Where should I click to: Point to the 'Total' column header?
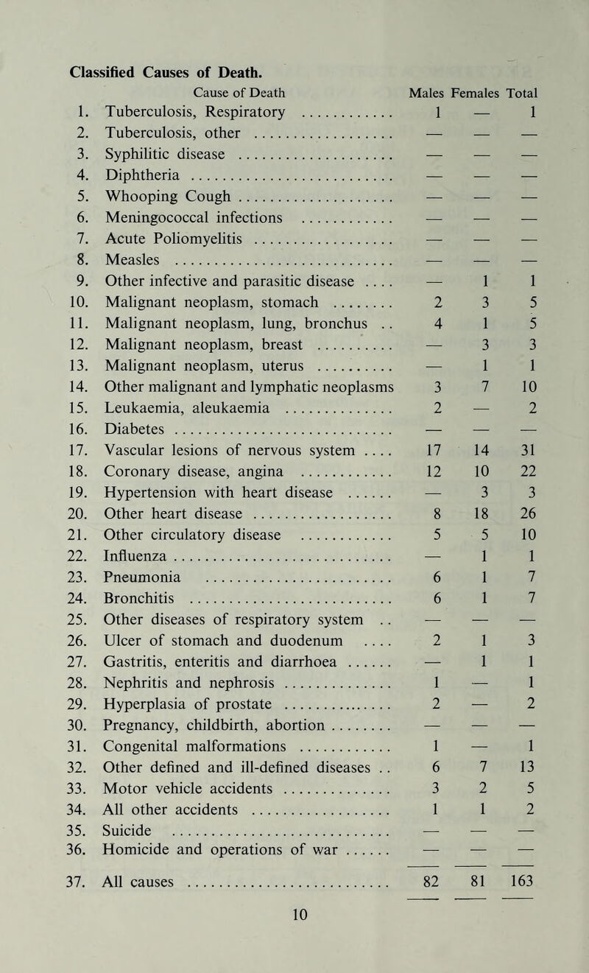pyautogui.click(x=528, y=93)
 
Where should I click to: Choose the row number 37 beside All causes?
pyautogui.click(x=82, y=881)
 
